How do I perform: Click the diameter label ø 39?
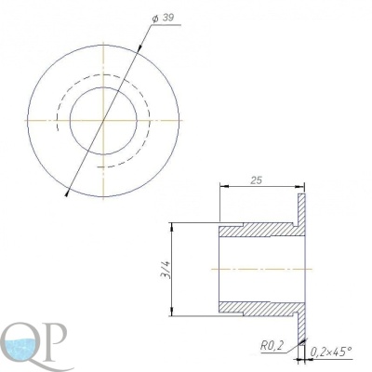(x=163, y=19)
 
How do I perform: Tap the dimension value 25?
(x=257, y=180)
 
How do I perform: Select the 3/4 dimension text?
(x=167, y=270)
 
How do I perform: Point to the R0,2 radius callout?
(x=272, y=346)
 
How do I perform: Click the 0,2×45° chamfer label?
(x=331, y=352)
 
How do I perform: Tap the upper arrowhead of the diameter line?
(x=140, y=46)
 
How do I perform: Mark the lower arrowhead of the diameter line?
(x=67, y=193)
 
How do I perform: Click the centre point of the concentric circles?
(x=103, y=120)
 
